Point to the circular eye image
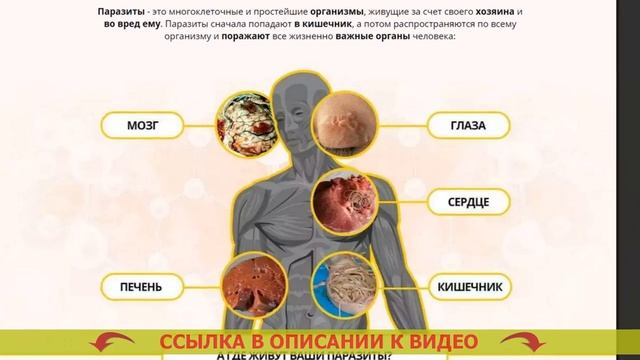(x=345, y=127)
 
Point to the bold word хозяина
(x=440, y=7)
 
